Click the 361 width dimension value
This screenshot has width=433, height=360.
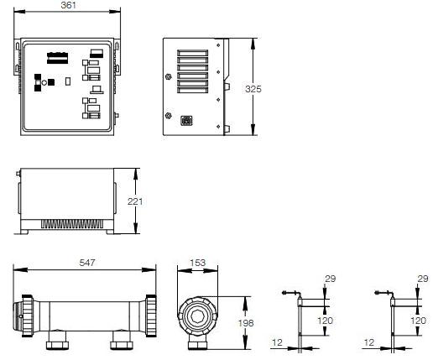coord(68,5)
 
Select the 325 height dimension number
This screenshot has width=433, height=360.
coord(253,89)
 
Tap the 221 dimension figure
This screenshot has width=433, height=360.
coord(135,201)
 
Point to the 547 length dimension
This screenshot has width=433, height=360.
coord(87,263)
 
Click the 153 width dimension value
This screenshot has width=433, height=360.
coord(198,263)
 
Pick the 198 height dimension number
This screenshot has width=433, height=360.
coord(246,323)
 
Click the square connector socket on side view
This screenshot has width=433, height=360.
coord(186,121)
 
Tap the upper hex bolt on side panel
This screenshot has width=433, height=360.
coord(168,76)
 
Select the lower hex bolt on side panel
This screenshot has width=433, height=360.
coord(168,115)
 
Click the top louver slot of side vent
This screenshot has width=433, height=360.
coord(193,53)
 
